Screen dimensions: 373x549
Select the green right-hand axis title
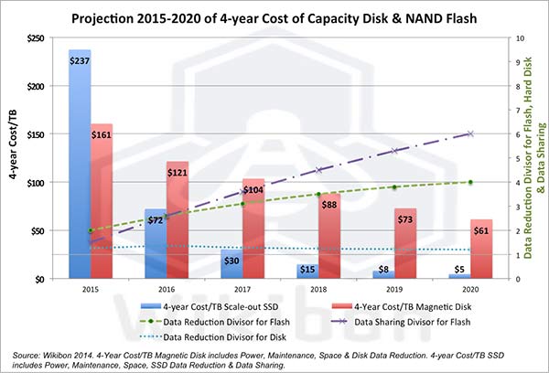pos(535,158)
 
